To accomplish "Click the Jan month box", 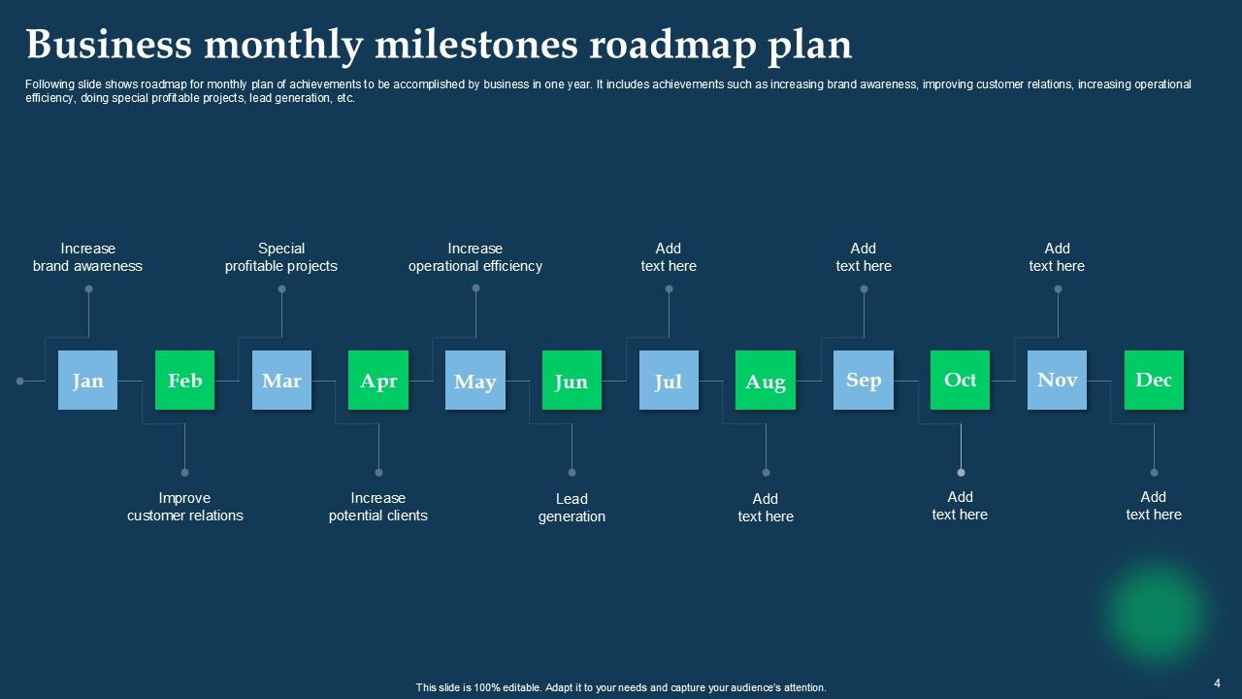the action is pos(87,380).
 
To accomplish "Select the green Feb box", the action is pos(184,380).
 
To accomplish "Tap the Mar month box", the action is pos(281,380).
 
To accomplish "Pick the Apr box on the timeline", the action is pos(378,380).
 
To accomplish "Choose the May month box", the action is pos(475,380).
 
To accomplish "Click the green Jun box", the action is pos(572,380).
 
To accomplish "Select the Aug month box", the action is pos(766,380).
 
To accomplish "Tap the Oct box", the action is pos(960,380).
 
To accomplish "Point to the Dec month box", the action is pos(1154,380).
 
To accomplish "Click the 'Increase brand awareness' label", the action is pos(87,257).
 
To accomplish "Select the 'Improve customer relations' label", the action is pos(184,507).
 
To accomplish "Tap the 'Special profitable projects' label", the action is pos(281,257).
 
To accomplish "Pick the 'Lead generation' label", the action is pos(572,508).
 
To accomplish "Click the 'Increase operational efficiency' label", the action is pos(475,257).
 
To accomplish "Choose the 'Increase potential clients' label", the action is pos(378,507).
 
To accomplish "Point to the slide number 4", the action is pos(1217,682).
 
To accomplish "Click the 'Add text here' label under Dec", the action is pos(1154,506).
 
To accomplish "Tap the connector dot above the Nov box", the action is pos(1058,288).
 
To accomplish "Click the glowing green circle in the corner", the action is pos(1156,613).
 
